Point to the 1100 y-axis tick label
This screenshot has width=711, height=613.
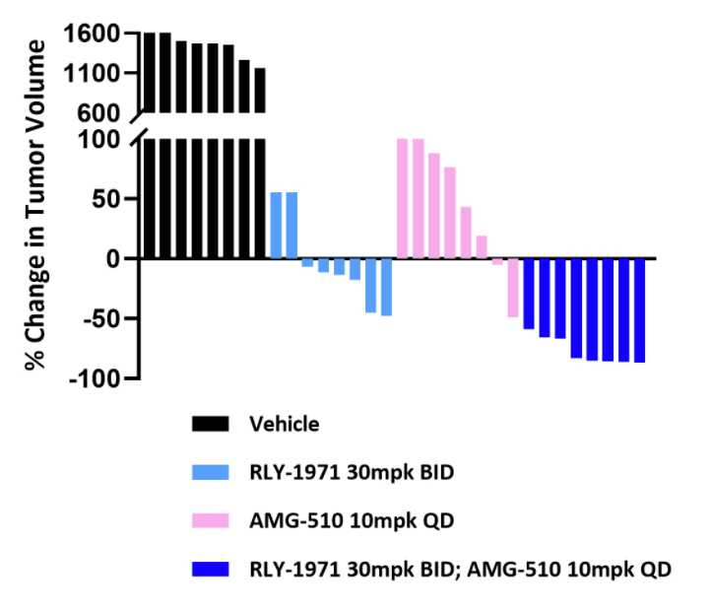[94, 74]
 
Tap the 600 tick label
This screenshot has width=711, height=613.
[101, 113]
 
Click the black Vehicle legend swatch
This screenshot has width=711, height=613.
[209, 424]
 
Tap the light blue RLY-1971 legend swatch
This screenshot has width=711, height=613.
[209, 472]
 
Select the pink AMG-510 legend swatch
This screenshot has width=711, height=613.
[209, 519]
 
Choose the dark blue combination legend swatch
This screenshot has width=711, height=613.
[209, 569]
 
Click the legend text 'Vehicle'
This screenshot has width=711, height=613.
[284, 424]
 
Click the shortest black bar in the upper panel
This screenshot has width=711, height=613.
[260, 91]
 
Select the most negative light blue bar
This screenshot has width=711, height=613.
[387, 287]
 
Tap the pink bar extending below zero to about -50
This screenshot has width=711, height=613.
[513, 288]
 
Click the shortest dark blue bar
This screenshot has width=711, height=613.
[529, 294]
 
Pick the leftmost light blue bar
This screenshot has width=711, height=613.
[276, 226]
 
